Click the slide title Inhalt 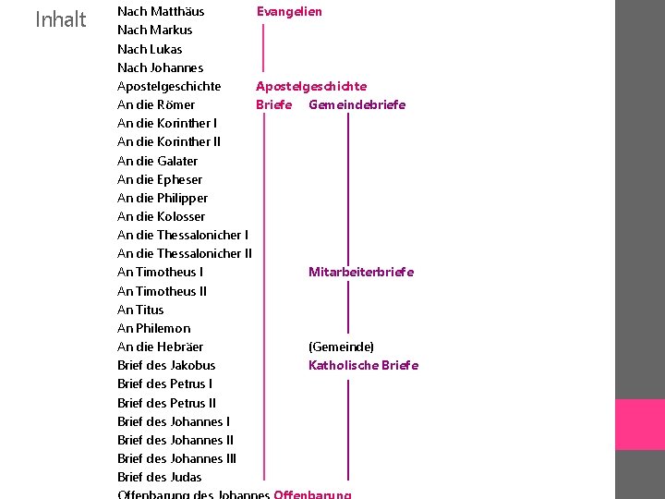click(x=60, y=19)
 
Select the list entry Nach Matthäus click(x=161, y=11)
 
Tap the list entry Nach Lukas click(x=150, y=49)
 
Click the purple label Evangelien click(x=289, y=11)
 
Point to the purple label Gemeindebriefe click(x=357, y=104)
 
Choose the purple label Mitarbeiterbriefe click(x=361, y=272)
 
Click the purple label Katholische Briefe click(x=363, y=365)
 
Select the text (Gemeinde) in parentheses click(x=341, y=347)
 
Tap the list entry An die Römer click(x=156, y=104)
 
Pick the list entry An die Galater click(x=157, y=161)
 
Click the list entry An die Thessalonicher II click(x=185, y=253)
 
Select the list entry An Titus click(x=140, y=310)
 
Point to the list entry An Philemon click(x=154, y=328)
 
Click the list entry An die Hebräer click(x=160, y=347)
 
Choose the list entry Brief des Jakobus click(x=166, y=365)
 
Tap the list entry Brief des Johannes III click(x=176, y=458)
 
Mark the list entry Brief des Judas click(x=159, y=477)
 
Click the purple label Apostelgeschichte click(x=311, y=86)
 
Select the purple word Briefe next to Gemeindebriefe click(x=274, y=104)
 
